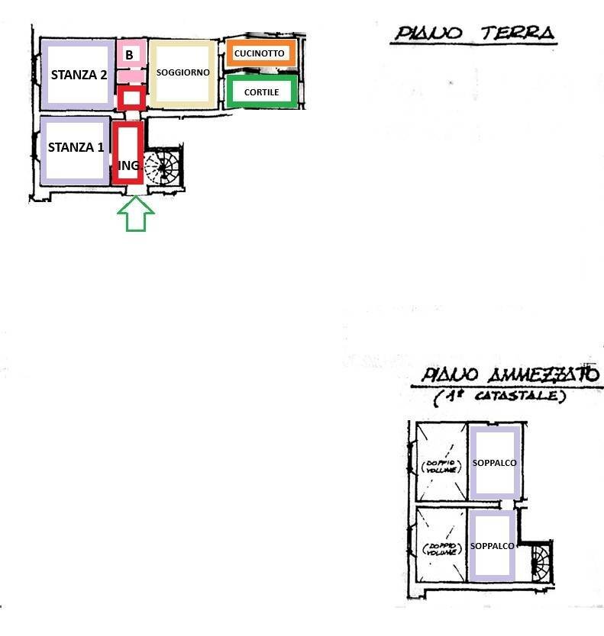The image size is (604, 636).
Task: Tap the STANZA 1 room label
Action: (x=76, y=147)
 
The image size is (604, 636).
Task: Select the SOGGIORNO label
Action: (x=182, y=72)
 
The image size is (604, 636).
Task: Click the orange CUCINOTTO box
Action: (x=260, y=54)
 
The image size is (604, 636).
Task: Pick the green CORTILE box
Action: (x=261, y=92)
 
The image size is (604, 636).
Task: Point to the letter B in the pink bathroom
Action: (x=129, y=55)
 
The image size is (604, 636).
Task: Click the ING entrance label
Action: (x=128, y=165)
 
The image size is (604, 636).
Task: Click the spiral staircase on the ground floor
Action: (x=163, y=168)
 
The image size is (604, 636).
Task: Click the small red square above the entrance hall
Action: (x=131, y=98)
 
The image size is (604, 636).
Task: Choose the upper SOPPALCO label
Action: (x=495, y=463)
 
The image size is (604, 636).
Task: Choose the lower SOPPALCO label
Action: (x=493, y=546)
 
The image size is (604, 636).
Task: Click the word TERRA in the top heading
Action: (x=517, y=33)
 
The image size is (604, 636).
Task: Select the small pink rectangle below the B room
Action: (x=131, y=76)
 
